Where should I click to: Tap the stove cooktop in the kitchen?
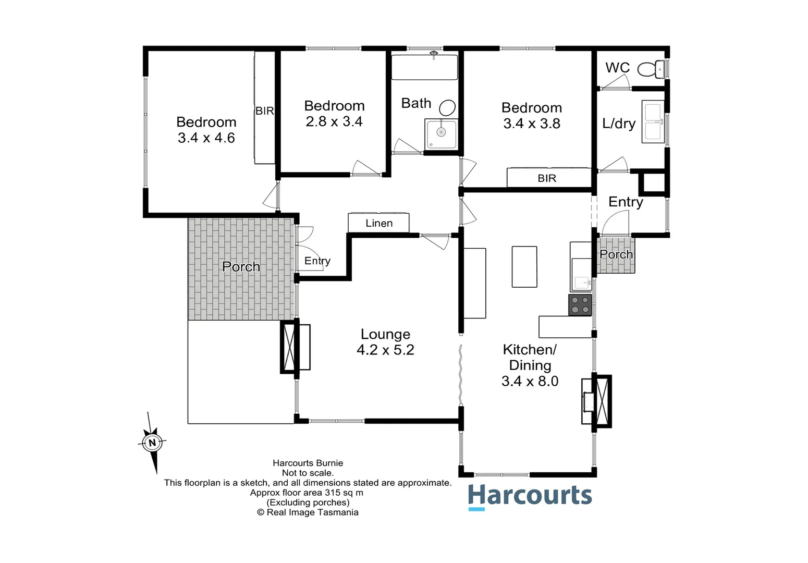(580, 304)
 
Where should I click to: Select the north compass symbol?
(152, 443)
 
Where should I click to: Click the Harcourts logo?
(530, 496)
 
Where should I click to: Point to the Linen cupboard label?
(379, 223)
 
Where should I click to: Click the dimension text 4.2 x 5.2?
(385, 350)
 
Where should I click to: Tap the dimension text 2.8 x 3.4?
(334, 121)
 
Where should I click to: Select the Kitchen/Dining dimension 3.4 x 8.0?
(530, 381)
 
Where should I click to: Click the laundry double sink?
(653, 121)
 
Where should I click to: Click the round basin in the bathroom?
(447, 107)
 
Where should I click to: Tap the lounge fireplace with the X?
(289, 347)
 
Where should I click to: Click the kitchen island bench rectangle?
(524, 267)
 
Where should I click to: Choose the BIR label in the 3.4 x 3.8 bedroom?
(547, 178)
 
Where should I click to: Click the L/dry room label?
(619, 124)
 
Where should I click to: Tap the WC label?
(617, 68)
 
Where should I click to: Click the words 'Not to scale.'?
(308, 473)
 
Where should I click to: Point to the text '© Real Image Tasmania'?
(308, 512)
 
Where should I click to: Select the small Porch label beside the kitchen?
(616, 254)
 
